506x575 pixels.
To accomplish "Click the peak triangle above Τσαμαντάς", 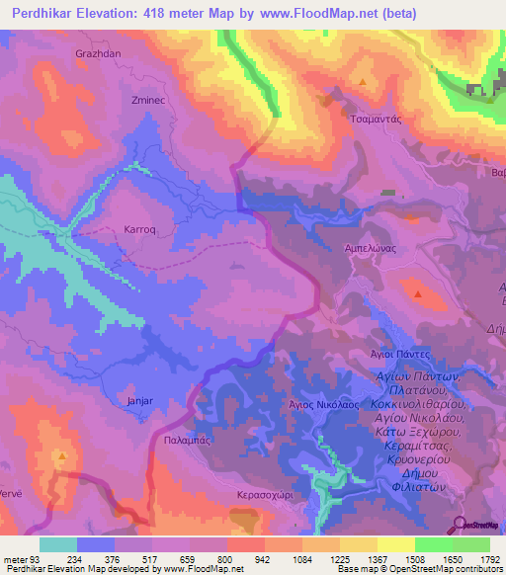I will [364, 82].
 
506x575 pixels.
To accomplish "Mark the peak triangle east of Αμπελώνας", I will [419, 293].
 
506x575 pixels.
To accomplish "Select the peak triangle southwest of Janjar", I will [62, 456].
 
